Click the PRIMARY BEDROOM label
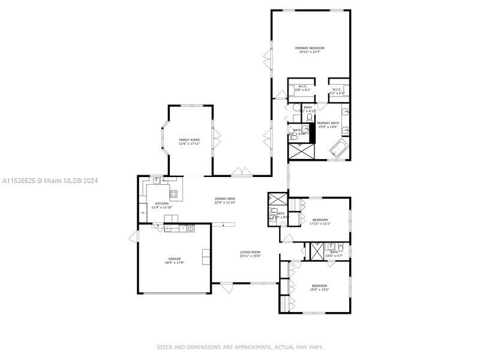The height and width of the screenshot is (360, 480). (x=309, y=48)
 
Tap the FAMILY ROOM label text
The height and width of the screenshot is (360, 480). (x=189, y=140)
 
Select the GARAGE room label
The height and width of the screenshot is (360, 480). (x=174, y=259)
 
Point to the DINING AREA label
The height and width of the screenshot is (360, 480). (x=225, y=199)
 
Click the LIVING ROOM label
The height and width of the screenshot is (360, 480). (x=250, y=252)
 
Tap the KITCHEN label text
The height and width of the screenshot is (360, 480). (x=162, y=204)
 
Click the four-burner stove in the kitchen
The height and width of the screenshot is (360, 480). (x=173, y=193)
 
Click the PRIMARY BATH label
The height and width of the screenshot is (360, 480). (x=328, y=123)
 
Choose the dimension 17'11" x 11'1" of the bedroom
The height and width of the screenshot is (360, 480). (x=320, y=224)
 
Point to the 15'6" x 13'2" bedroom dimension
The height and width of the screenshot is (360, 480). (x=319, y=289)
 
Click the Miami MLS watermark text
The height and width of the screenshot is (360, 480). (x=50, y=181)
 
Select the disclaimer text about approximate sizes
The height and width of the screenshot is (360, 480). (x=240, y=347)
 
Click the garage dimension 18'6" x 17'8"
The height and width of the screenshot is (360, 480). (x=174, y=263)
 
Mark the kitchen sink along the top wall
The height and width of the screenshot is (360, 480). (x=155, y=179)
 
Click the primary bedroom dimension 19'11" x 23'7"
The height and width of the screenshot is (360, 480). (x=309, y=52)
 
